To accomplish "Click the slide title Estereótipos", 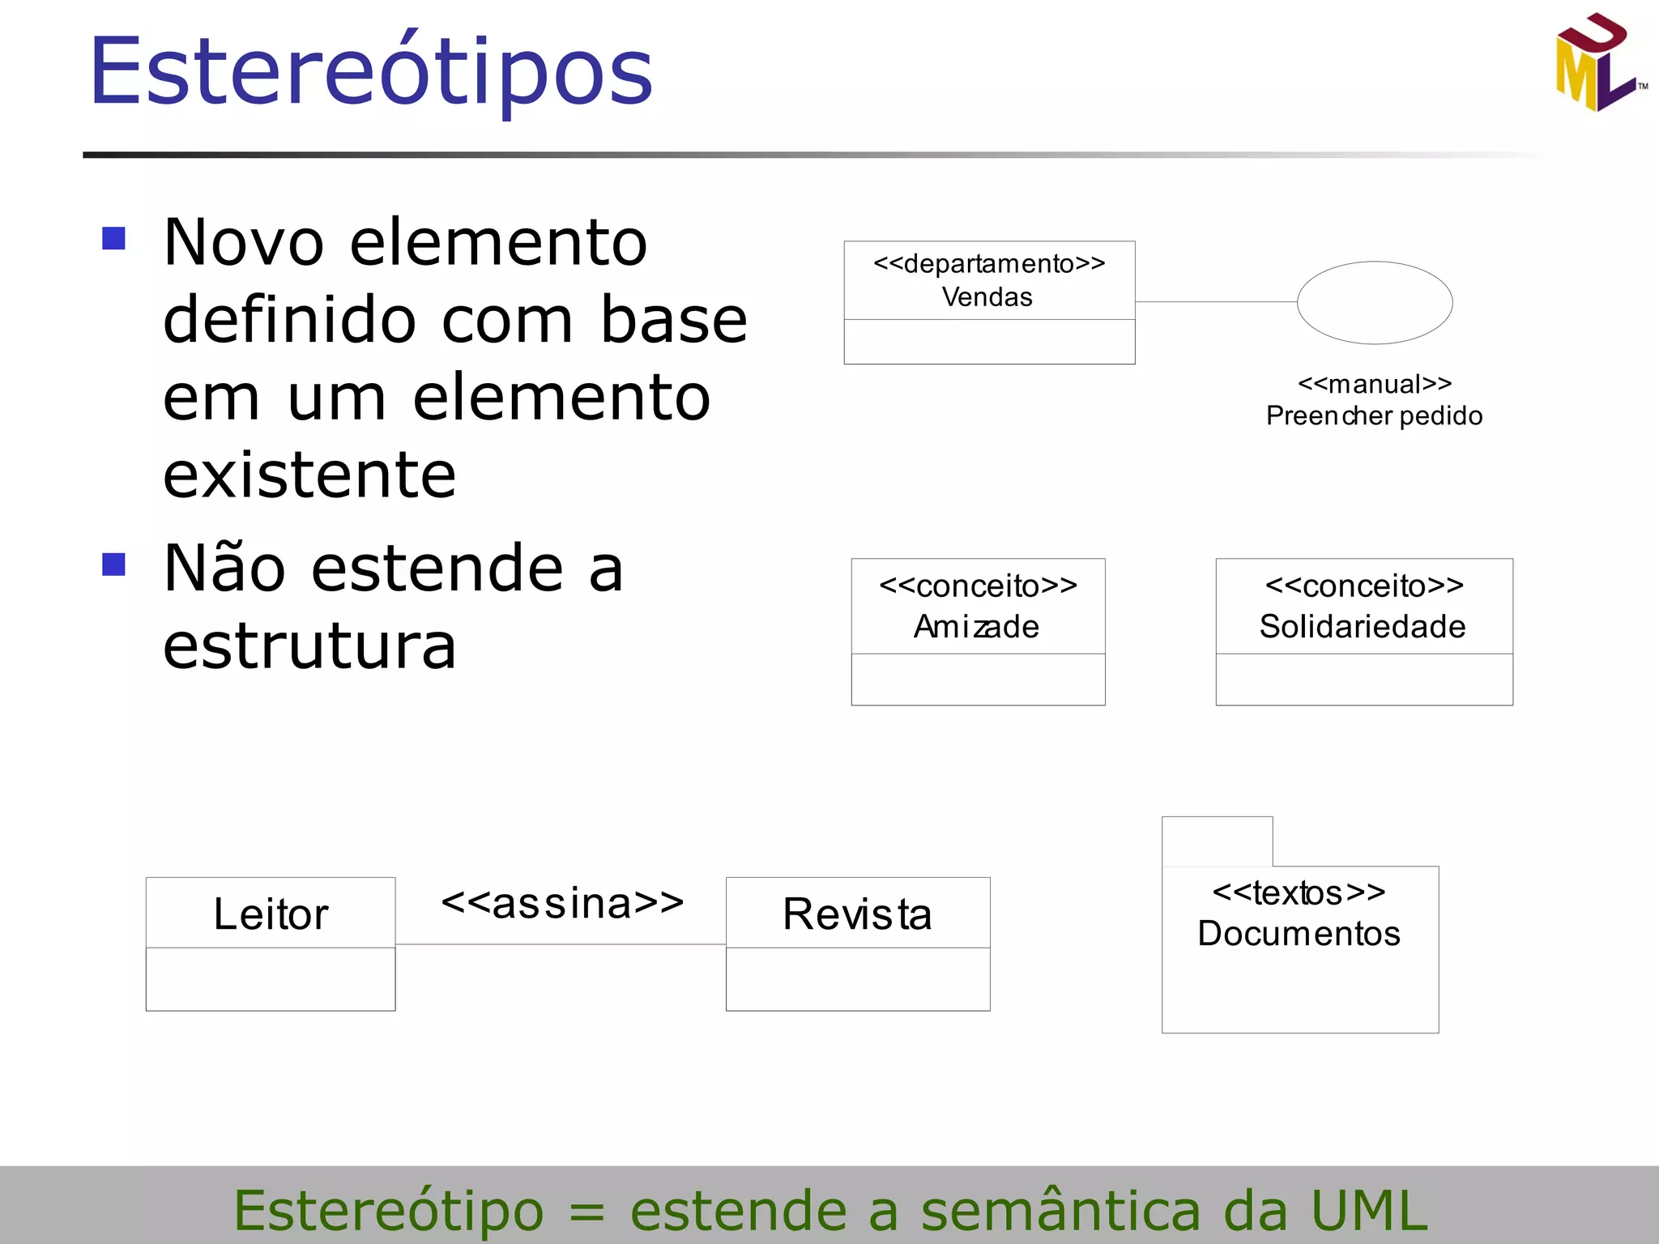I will click(371, 73).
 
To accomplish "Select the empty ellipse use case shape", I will click(1374, 302).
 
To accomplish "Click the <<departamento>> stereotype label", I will click(989, 264).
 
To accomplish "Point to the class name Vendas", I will click(987, 297).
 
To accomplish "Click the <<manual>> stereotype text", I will click(1374, 384).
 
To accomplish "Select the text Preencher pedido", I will click(1374, 415).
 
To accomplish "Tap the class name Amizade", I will click(976, 627).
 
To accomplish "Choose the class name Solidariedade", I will click(1363, 627).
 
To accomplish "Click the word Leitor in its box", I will click(271, 914).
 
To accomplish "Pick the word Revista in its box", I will click(857, 914).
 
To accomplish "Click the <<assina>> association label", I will click(562, 904).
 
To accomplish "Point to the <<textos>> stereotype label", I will click(1299, 893).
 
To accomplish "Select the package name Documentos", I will click(1299, 934).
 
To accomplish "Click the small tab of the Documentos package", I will click(1217, 841).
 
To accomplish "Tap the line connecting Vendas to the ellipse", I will click(1215, 302).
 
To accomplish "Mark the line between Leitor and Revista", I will click(561, 944).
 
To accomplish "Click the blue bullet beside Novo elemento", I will click(114, 239).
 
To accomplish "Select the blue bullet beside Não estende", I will click(114, 564).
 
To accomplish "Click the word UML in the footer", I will click(1369, 1211).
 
